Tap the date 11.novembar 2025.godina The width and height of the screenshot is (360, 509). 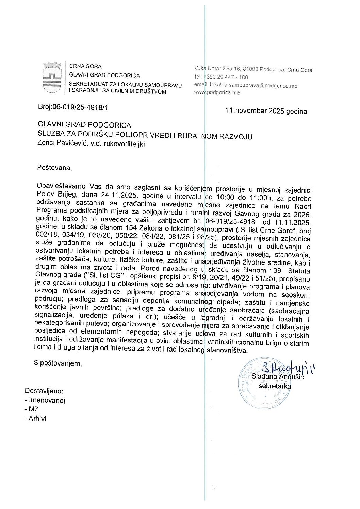click(266, 111)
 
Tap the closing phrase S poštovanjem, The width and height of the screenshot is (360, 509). click(58, 363)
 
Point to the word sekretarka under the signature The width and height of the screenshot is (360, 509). click(275, 386)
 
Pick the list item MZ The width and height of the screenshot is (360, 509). click(34, 409)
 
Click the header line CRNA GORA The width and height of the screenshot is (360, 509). click(85, 66)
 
